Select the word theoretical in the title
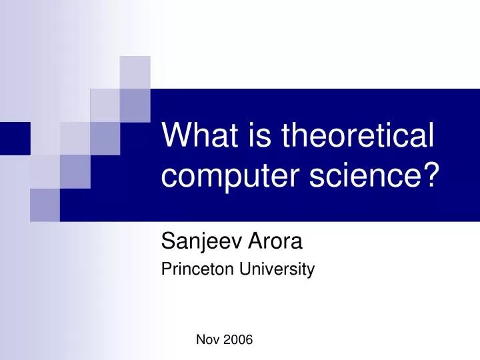(x=358, y=137)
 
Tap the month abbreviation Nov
(x=207, y=340)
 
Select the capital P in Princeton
(x=166, y=269)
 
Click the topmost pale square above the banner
(x=135, y=72)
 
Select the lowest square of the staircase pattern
(x=45, y=204)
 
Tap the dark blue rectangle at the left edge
(x=15, y=138)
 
